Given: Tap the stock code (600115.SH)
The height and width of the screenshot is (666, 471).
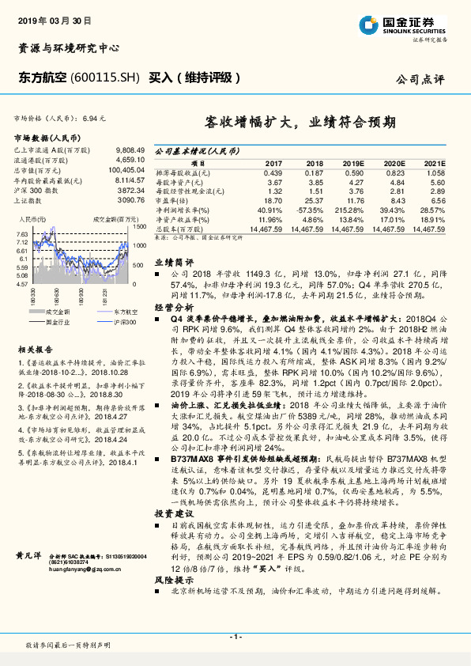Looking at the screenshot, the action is tap(105, 78).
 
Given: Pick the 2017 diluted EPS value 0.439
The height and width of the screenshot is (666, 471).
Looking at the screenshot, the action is tap(273, 172).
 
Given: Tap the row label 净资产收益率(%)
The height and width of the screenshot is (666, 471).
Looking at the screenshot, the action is tap(179, 218).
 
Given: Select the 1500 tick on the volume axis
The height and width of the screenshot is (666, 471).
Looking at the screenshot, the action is tap(138, 227).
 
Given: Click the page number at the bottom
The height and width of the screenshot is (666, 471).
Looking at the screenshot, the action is tap(235, 637).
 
